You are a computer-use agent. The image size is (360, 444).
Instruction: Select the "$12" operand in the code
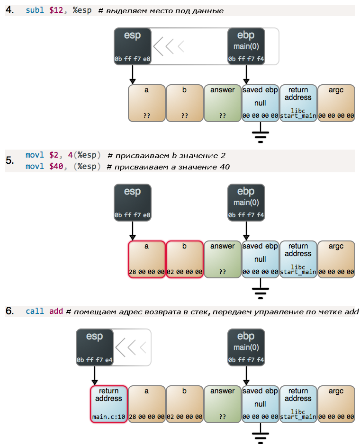pyautogui.click(x=55, y=10)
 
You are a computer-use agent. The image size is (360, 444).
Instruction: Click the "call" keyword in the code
pyautogui.click(x=35, y=311)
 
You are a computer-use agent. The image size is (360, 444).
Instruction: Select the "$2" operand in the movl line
pyautogui.click(x=54, y=155)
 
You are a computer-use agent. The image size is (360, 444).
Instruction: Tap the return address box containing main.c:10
pyautogui.click(x=109, y=404)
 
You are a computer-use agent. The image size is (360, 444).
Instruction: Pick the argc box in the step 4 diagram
pyautogui.click(x=336, y=103)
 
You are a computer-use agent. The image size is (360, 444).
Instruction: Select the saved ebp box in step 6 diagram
pyautogui.click(x=260, y=404)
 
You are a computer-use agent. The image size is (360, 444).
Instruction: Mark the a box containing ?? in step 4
pyautogui.click(x=147, y=103)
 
